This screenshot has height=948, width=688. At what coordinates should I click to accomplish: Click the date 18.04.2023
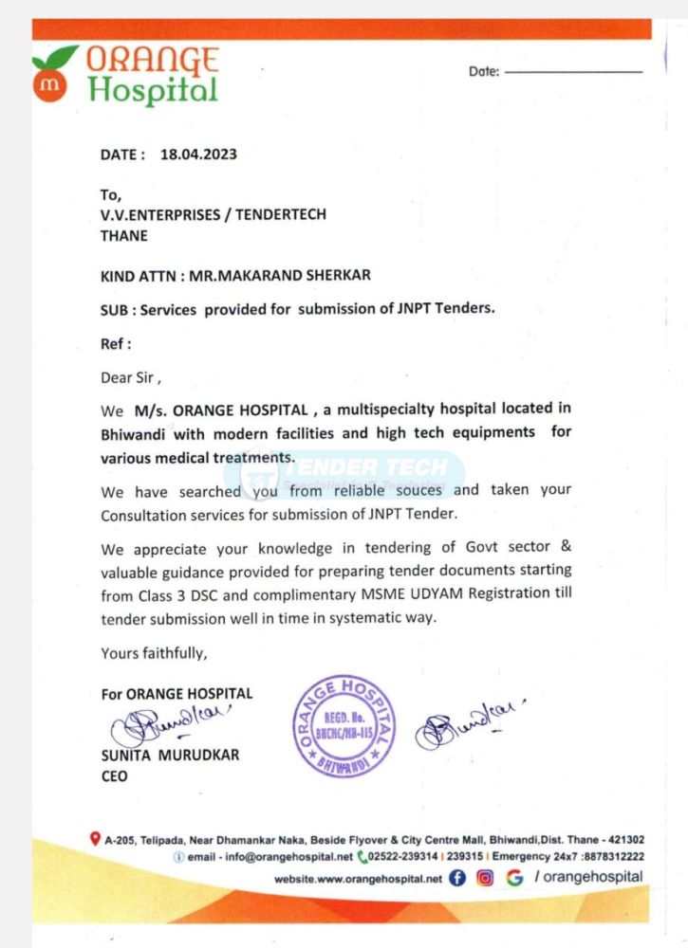point(198,155)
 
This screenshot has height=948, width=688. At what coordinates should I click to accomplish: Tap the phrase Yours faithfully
point(154,653)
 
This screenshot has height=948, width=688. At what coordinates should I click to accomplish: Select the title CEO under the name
point(114,776)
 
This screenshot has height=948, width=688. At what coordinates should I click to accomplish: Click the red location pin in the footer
point(95,839)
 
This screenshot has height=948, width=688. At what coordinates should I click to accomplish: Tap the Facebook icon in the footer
point(457,878)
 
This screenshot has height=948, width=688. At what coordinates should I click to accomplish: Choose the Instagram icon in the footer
point(485,878)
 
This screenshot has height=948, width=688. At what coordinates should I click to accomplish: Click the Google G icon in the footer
point(514,878)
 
